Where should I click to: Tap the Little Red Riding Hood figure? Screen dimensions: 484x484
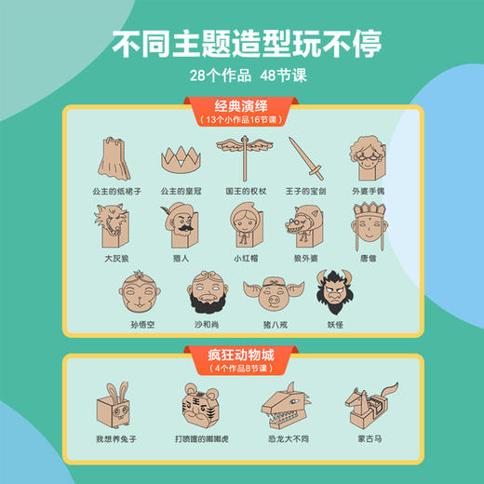[246, 229]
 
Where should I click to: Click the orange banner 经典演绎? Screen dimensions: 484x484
[243, 110]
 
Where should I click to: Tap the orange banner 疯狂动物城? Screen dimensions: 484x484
[243, 357]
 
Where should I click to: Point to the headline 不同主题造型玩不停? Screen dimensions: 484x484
[242, 44]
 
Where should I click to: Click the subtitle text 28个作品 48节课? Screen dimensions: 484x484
[242, 71]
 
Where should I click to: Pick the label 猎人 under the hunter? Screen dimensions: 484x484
[181, 258]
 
